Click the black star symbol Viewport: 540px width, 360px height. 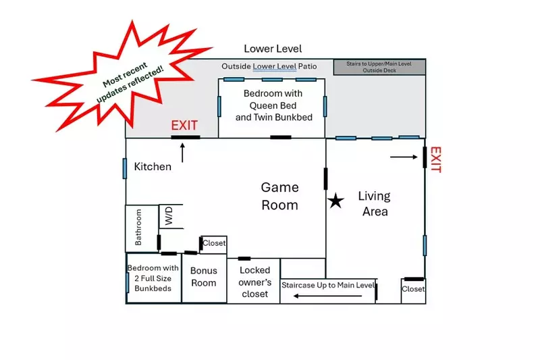335,201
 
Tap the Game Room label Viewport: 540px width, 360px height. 279,196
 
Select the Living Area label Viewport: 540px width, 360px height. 375,203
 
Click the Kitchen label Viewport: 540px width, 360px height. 153,166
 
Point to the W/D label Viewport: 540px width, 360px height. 169,217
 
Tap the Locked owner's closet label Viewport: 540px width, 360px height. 255,282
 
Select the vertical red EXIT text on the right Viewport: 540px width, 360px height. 435,159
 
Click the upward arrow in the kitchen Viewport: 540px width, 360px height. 182,152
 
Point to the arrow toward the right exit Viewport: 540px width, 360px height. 404,157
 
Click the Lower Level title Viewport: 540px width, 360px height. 273,49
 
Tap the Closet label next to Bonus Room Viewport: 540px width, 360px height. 214,243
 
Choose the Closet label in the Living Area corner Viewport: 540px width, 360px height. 413,289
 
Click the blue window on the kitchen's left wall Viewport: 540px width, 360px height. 125,169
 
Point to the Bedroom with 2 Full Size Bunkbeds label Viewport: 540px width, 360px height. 153,278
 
